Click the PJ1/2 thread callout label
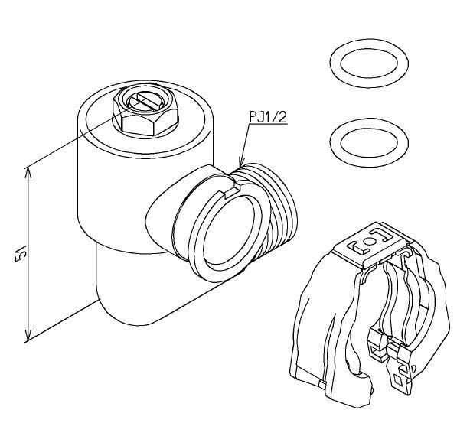click(x=268, y=117)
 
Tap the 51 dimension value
click(x=21, y=253)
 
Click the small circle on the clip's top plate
click(x=370, y=241)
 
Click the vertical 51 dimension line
click(x=28, y=255)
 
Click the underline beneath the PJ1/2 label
click(x=268, y=123)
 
